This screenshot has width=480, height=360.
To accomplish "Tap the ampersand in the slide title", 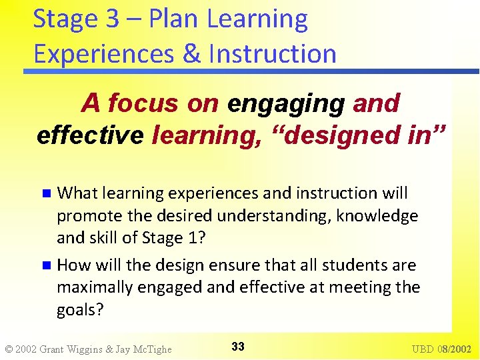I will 191,53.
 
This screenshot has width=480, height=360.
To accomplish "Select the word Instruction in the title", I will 272,53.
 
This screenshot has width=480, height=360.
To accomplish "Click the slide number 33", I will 238,347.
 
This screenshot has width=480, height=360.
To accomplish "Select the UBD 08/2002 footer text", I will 441,349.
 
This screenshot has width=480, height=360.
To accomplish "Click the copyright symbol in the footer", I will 9,349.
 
